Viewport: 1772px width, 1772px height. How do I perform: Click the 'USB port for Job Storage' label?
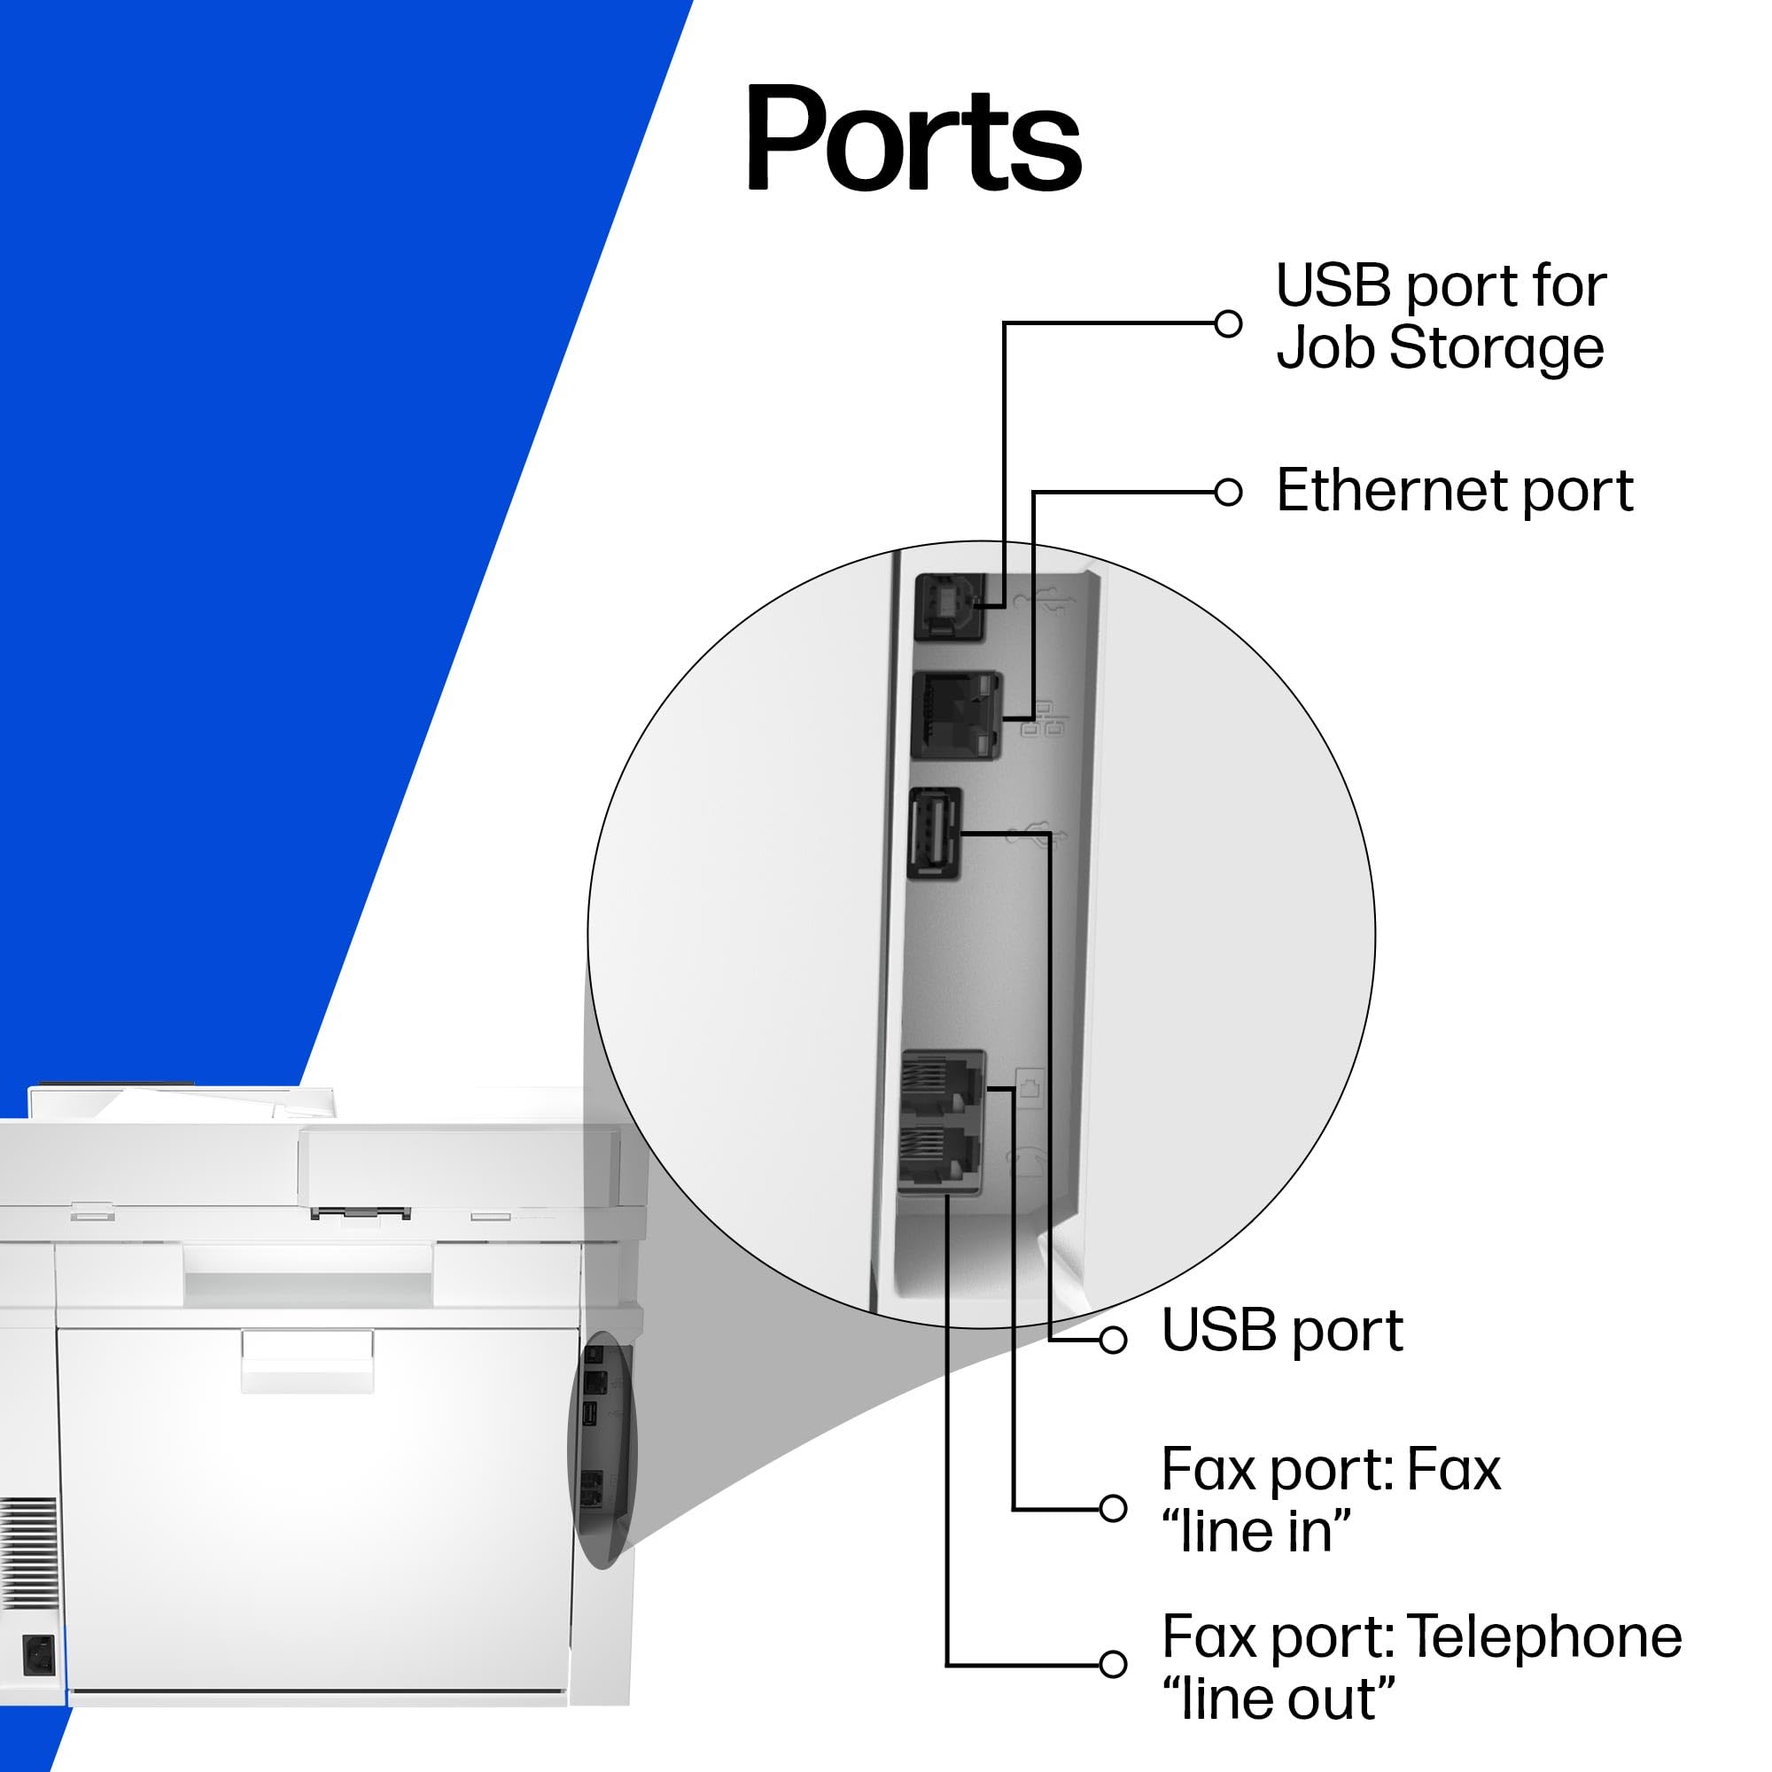[1440, 316]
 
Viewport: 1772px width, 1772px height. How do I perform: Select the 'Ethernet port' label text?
[1454, 491]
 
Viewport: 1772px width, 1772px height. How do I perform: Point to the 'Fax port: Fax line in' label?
[1330, 1501]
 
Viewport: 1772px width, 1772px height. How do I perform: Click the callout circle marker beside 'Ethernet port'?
[1228, 493]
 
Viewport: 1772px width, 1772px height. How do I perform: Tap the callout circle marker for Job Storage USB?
[1228, 323]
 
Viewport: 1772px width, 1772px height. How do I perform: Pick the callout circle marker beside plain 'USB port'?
[1113, 1340]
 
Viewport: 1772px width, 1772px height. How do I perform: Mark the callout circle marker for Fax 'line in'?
[1113, 1509]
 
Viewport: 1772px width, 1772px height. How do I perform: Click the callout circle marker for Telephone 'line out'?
[1113, 1664]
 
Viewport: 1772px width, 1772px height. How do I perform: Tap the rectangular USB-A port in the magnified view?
[935, 834]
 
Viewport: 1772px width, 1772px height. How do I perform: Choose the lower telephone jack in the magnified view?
[939, 1156]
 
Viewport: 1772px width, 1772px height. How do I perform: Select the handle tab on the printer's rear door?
[307, 1362]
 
